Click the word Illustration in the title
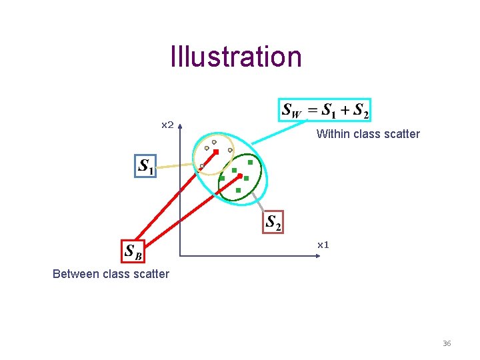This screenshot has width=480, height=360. pyautogui.click(x=236, y=57)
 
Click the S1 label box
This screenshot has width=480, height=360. pyautogui.click(x=145, y=167)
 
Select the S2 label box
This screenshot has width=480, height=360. pyautogui.click(x=273, y=222)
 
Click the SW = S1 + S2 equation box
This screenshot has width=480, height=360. pyautogui.click(x=325, y=110)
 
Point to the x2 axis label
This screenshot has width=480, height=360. pyautogui.click(x=168, y=125)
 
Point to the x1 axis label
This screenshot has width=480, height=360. pyautogui.click(x=323, y=245)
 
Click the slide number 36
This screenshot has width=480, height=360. pyautogui.click(x=447, y=343)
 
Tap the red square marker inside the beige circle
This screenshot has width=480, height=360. pyautogui.click(x=216, y=152)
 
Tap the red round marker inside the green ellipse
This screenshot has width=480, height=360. pyautogui.click(x=240, y=175)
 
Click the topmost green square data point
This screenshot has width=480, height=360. pyautogui.click(x=250, y=162)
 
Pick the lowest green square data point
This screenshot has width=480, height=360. pyautogui.click(x=238, y=190)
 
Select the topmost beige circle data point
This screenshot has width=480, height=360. pyautogui.click(x=214, y=141)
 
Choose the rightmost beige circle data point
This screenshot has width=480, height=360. pyautogui.click(x=230, y=150)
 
